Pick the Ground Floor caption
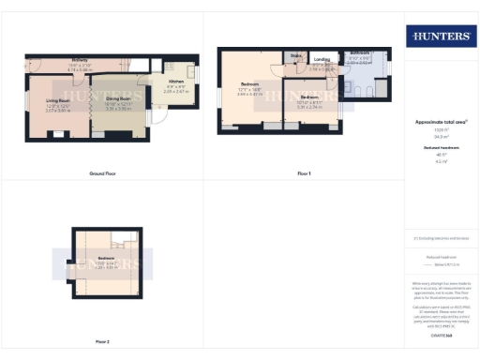tap(101, 174)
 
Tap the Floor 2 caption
tap(101, 342)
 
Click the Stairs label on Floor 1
tap(295, 56)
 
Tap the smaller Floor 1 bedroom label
tap(309, 97)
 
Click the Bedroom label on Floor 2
tap(104, 258)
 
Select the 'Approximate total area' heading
tap(440, 122)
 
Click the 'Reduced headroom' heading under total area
tap(440, 147)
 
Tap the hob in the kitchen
tap(192, 72)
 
